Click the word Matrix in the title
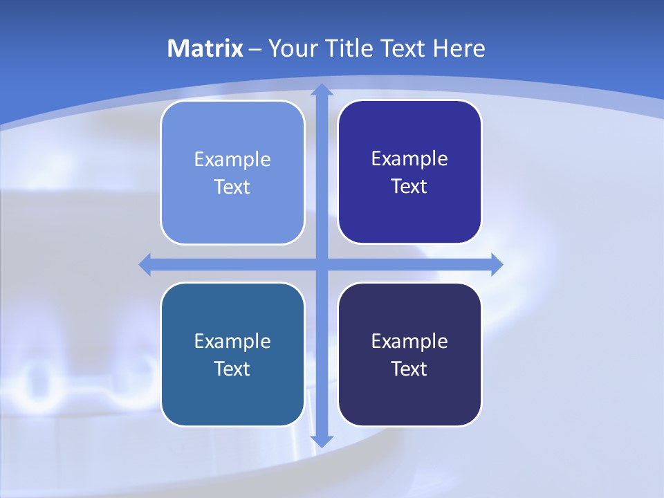coord(205,48)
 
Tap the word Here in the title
coord(459,48)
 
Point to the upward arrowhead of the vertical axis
coord(322,90)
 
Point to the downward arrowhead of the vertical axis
coord(322,441)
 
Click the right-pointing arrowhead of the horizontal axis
coord(496,264)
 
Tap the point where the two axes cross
coord(322,264)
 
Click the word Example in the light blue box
coord(232,160)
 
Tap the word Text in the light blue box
coord(232,187)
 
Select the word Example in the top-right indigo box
coord(409,159)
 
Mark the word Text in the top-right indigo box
coord(409,187)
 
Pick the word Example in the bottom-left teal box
coord(232,342)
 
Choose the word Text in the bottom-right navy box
coord(409,369)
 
